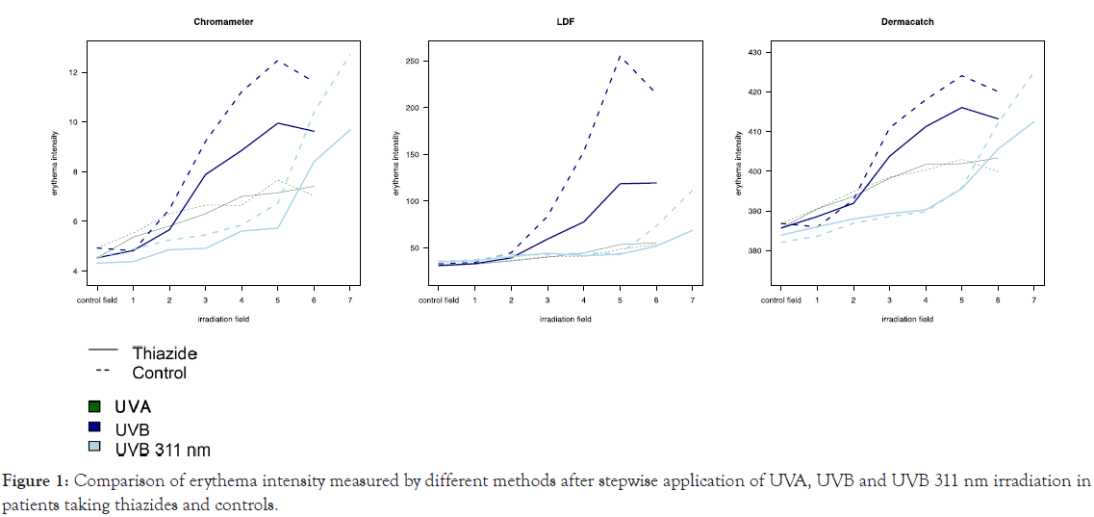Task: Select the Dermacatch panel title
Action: pyautogui.click(x=906, y=21)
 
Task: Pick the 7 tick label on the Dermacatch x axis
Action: pyautogui.click(x=1033, y=299)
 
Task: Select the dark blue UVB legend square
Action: pyautogui.click(x=94, y=427)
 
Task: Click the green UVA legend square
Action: pyautogui.click(x=94, y=406)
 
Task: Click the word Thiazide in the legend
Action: pyautogui.click(x=165, y=353)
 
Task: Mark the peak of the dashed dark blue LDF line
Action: pyautogui.click(x=619, y=56)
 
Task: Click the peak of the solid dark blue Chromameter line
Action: pyautogui.click(x=278, y=123)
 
